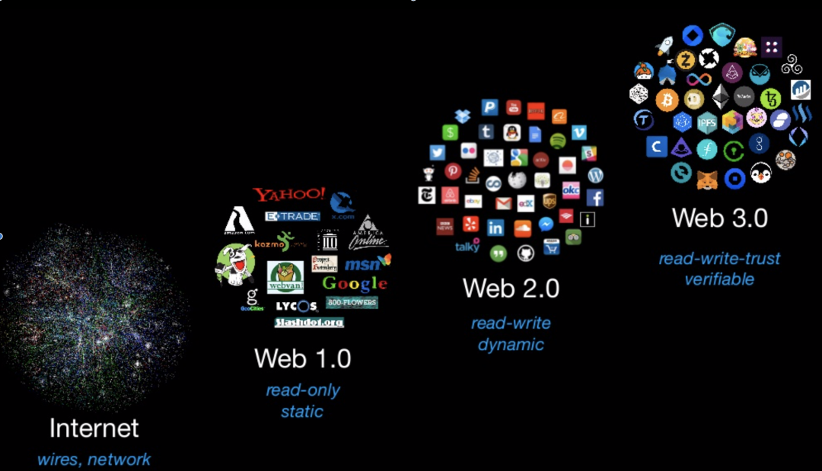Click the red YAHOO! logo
point(289,195)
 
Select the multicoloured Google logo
point(355,284)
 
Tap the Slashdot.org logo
point(309,323)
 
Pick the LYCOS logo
point(296,306)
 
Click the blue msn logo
point(368,264)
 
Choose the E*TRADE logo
point(292,216)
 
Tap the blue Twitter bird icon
point(437,152)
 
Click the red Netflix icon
point(536,111)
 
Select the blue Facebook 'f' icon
point(595,198)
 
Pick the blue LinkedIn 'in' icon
point(495,228)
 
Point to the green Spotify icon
point(558,140)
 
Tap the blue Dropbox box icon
point(463,116)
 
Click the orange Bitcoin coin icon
point(667,100)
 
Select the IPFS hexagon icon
point(707,121)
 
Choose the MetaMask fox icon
point(707,180)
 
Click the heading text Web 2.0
point(511,288)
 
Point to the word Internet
point(94,428)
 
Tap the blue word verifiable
point(719,279)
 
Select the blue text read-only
point(302,390)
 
